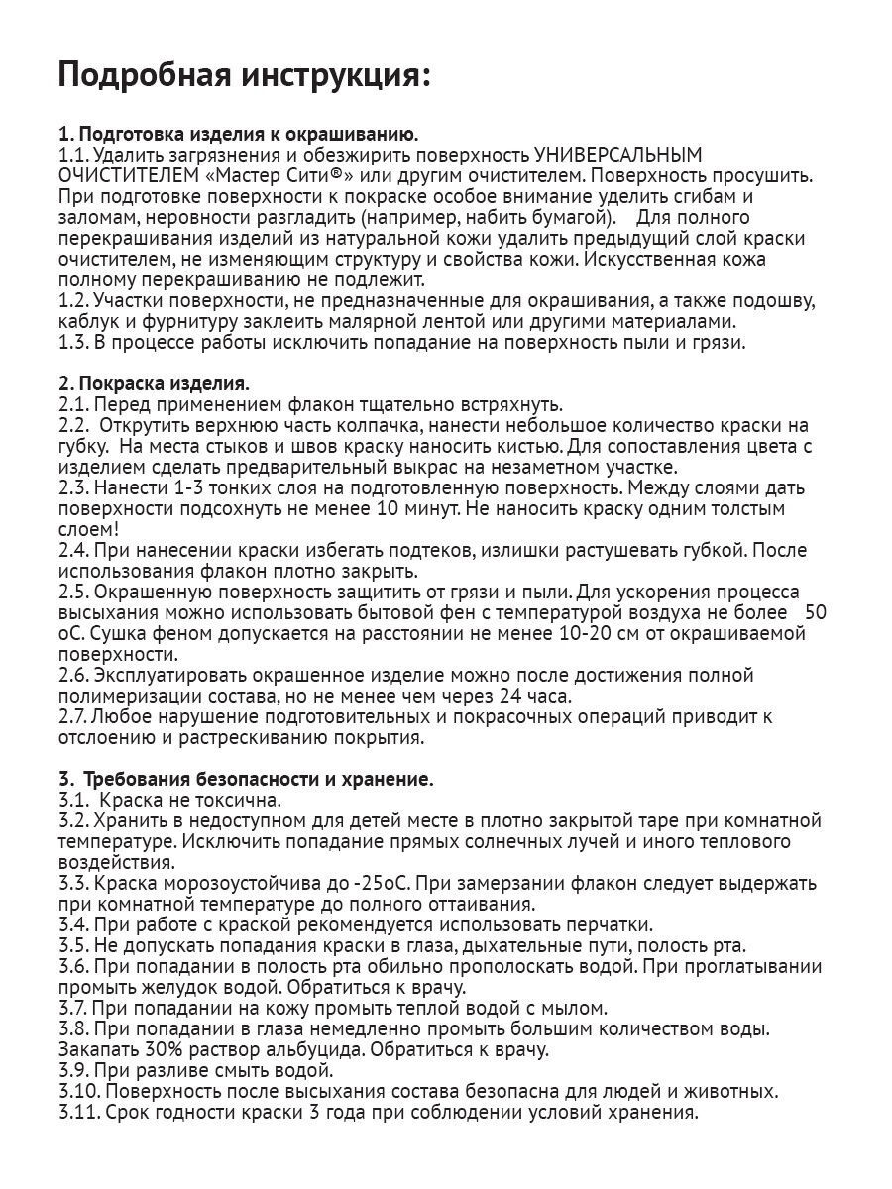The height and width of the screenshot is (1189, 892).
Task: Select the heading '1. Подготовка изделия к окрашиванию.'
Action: (x=238, y=134)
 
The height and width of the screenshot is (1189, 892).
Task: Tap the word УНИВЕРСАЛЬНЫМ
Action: (x=617, y=154)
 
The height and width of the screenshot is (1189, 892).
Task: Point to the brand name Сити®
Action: (x=325, y=174)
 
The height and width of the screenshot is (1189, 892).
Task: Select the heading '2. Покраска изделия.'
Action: (x=154, y=383)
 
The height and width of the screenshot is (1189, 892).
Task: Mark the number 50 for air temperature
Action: (x=816, y=612)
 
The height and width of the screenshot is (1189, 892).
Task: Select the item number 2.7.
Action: (x=74, y=716)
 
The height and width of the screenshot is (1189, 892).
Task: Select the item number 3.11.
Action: (x=79, y=1112)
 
